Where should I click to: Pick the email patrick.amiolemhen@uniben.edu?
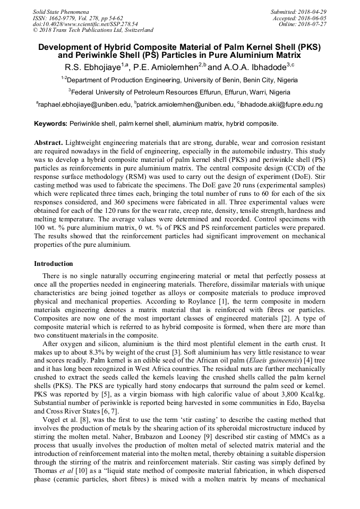coord(185,105)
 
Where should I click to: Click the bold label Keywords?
coord(50,124)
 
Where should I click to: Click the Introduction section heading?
coord(54,264)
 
